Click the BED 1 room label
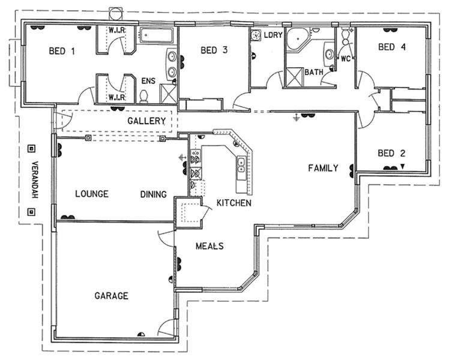pyautogui.click(x=62, y=51)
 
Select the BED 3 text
pyautogui.click(x=214, y=50)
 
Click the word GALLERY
pyautogui.click(x=146, y=121)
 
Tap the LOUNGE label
pyautogui.click(x=92, y=194)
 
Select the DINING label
pyautogui.click(x=154, y=194)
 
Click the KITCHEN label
pyautogui.click(x=234, y=203)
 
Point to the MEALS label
pyautogui.click(x=209, y=246)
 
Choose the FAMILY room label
pyautogui.click(x=323, y=168)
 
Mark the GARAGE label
pyautogui.click(x=111, y=296)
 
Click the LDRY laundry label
pyautogui.click(x=273, y=35)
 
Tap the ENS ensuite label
pyautogui.click(x=148, y=80)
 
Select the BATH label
pyautogui.click(x=313, y=72)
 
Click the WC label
pyautogui.click(x=345, y=59)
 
